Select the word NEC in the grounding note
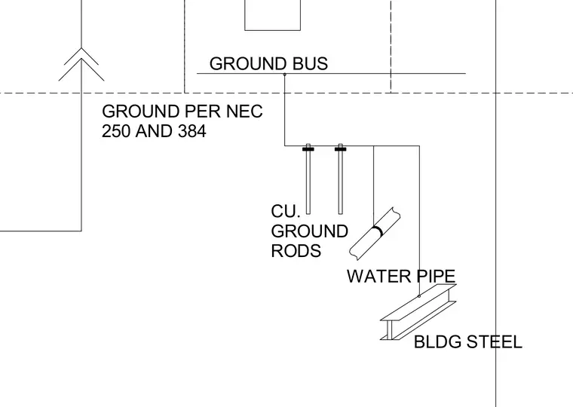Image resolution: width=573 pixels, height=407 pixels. (244, 111)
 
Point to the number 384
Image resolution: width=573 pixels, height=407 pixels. (192, 131)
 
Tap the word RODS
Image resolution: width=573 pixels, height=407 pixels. (296, 251)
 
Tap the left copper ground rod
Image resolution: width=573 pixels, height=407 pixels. (308, 179)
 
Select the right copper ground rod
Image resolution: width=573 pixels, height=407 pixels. (341, 179)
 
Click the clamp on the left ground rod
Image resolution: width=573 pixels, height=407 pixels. (308, 148)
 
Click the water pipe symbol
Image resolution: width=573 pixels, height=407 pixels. (375, 234)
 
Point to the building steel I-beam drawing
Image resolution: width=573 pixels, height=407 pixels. (418, 311)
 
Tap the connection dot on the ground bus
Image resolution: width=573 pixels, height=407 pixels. (285, 75)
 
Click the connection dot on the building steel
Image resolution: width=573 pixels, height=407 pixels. (419, 296)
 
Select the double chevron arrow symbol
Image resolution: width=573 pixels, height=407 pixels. (81, 64)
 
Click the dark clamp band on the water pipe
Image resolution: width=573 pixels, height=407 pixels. (378, 231)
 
